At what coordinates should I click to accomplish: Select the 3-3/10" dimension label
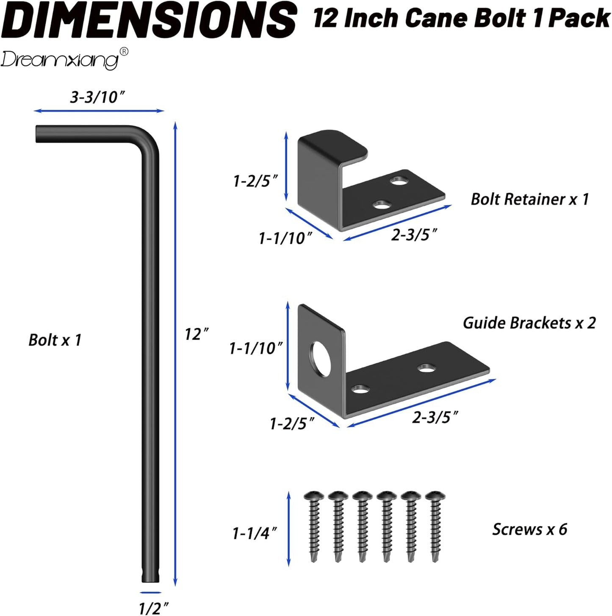[98, 97]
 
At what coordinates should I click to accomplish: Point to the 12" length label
[197, 334]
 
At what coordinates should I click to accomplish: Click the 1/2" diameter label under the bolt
[153, 608]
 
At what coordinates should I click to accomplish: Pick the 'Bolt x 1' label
[55, 340]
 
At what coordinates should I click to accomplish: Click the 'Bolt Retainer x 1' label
[529, 199]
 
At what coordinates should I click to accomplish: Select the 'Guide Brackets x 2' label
[529, 323]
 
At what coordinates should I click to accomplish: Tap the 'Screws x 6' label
[529, 529]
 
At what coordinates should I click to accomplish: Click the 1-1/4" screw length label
[255, 533]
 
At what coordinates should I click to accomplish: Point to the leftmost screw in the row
[314, 526]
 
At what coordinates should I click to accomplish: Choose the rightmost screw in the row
[435, 526]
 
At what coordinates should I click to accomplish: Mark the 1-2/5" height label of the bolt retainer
[255, 181]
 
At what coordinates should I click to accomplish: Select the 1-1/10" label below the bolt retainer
[285, 238]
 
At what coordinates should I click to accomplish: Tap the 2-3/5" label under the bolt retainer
[414, 234]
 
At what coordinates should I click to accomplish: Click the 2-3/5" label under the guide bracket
[435, 417]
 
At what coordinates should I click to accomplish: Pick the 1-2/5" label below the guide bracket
[292, 423]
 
